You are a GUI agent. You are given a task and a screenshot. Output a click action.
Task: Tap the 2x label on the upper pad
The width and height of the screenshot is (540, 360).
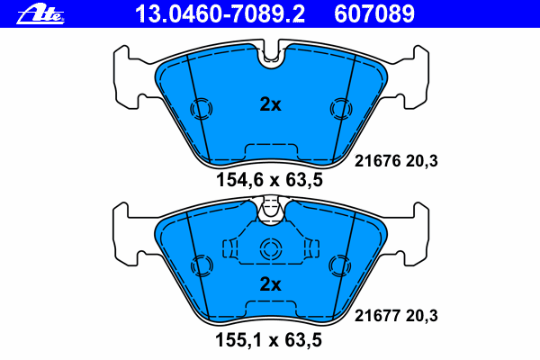(x=270, y=104)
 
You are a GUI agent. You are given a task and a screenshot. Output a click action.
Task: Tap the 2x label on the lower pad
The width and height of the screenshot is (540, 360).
(x=270, y=284)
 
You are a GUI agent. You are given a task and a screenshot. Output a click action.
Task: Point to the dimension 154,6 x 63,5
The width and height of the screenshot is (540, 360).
(x=269, y=180)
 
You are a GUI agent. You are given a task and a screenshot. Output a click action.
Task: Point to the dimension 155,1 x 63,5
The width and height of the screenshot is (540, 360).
(x=269, y=341)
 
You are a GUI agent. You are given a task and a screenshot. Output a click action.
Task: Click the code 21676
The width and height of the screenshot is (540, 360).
(x=377, y=162)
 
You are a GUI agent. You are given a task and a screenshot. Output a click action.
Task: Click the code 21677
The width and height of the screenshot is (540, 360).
(x=377, y=315)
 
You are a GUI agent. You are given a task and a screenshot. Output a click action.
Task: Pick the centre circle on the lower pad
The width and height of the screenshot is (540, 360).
(x=270, y=250)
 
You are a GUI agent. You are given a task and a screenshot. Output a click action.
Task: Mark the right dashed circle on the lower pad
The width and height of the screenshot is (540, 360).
(x=339, y=265)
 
